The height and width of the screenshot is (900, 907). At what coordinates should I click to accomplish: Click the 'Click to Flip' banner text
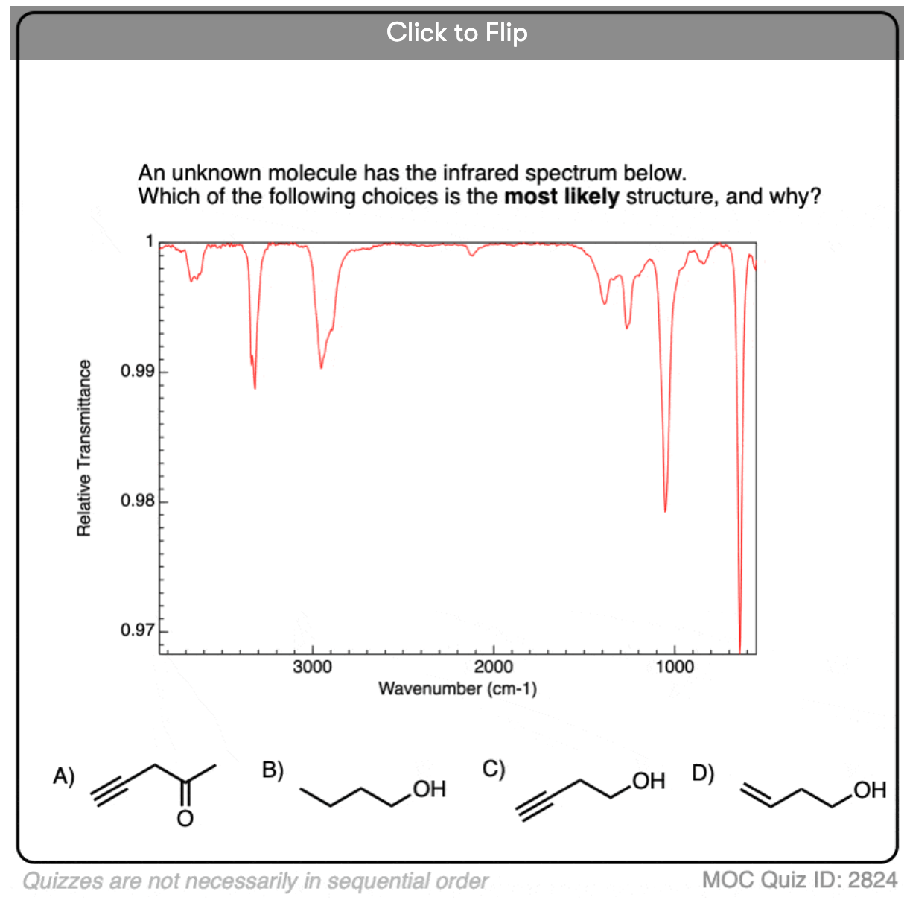(x=456, y=32)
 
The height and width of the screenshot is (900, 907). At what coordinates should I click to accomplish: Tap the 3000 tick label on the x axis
(x=312, y=667)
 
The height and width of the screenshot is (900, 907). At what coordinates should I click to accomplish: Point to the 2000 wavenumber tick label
(x=494, y=667)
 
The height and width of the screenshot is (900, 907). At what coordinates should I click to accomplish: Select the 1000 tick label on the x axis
(x=675, y=667)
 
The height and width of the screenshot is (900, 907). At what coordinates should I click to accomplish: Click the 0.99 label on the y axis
(x=138, y=371)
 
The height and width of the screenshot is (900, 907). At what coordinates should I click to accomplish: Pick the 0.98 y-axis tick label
(x=138, y=501)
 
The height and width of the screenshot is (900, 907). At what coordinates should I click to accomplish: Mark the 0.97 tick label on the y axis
(x=138, y=630)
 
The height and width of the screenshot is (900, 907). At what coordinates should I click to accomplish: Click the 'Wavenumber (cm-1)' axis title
(x=457, y=688)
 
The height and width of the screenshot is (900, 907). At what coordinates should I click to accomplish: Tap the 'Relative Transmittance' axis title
(x=84, y=448)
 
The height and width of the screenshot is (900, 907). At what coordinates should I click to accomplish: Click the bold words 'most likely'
(x=561, y=197)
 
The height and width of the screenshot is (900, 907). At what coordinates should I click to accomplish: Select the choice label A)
(x=63, y=776)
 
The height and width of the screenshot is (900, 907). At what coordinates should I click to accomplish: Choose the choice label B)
(x=273, y=770)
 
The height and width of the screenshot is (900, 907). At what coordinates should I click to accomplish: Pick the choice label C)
(x=494, y=768)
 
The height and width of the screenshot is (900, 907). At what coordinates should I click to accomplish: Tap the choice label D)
(x=703, y=773)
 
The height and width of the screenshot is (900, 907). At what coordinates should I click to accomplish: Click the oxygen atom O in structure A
(x=185, y=819)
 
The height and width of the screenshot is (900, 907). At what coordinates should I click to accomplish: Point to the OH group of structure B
(x=429, y=789)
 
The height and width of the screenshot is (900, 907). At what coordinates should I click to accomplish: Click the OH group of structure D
(x=870, y=790)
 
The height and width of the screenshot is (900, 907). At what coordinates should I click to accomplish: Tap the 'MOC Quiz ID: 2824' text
(x=799, y=880)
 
